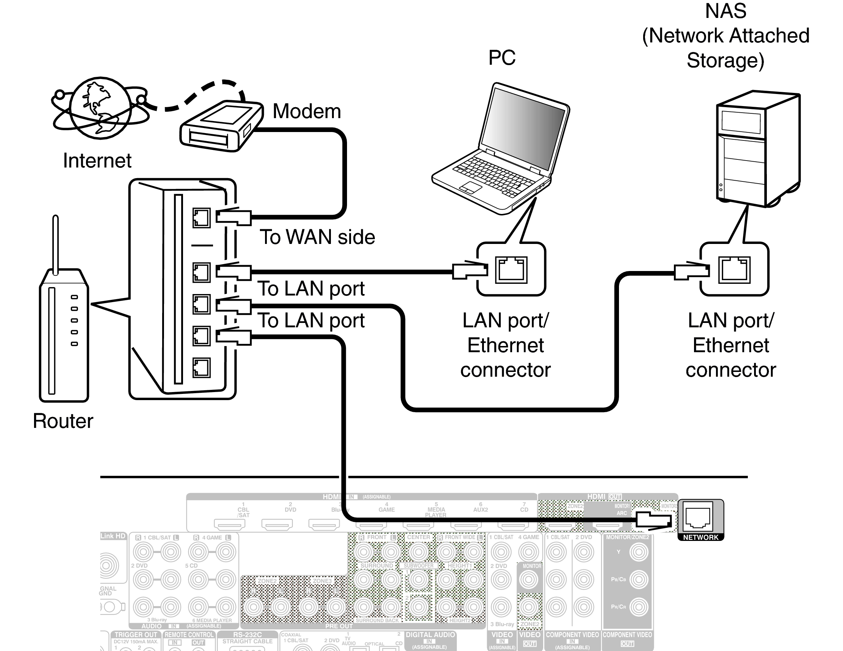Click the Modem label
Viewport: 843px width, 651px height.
pyautogui.click(x=306, y=112)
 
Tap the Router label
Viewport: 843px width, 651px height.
pyautogui.click(x=63, y=421)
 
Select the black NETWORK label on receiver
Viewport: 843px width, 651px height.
pyautogui.click(x=701, y=537)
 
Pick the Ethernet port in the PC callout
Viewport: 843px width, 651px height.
pyautogui.click(x=511, y=270)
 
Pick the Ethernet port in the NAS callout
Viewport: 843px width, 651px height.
pyautogui.click(x=734, y=270)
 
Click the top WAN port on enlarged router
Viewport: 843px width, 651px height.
pyautogui.click(x=201, y=218)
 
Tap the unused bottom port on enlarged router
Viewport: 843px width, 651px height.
pyautogui.click(x=201, y=367)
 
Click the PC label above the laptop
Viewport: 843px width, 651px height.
pyautogui.click(x=501, y=58)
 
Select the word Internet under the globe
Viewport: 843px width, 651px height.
pyautogui.click(x=97, y=161)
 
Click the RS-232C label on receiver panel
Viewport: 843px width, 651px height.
pyautogui.click(x=247, y=635)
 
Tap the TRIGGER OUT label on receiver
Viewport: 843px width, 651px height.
pyautogui.click(x=135, y=635)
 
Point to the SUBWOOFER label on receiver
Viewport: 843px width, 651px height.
pyautogui.click(x=418, y=566)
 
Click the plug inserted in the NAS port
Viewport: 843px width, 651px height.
pyautogui.click(x=691, y=270)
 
